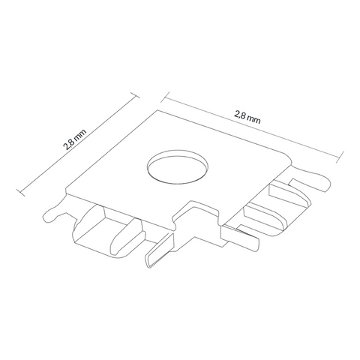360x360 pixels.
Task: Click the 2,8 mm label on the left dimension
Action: (74, 139)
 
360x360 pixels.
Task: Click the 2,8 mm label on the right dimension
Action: (247, 118)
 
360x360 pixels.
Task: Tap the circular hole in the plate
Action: (178, 166)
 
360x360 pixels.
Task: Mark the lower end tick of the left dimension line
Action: (20, 193)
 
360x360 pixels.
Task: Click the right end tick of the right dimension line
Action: (340, 157)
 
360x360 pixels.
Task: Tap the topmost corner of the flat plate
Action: (157, 110)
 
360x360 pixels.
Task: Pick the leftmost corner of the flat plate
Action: (66, 189)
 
